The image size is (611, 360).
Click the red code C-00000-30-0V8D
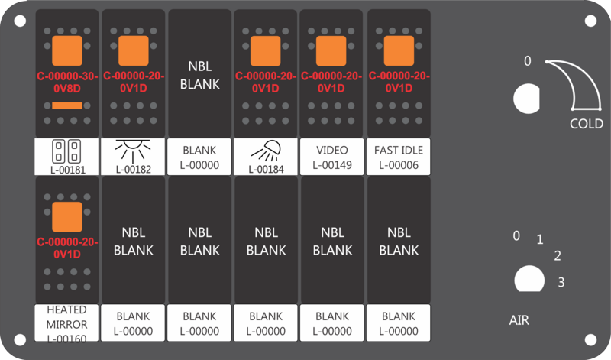point(67,83)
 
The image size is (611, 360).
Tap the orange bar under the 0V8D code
point(67,105)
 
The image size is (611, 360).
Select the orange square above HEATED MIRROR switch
point(67,217)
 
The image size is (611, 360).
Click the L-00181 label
point(67,170)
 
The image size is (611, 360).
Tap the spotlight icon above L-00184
point(266,151)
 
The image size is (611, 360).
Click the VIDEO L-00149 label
point(332,157)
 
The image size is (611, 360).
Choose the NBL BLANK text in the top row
point(200,75)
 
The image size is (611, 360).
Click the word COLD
point(587,124)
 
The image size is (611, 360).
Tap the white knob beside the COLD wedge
point(526,99)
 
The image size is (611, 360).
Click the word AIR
point(519,320)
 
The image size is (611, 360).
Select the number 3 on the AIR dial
point(561,282)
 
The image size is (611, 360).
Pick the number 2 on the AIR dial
point(558,256)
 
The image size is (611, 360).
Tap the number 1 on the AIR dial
point(540,239)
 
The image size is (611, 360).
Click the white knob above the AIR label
point(529,279)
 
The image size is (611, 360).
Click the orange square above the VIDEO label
point(331,50)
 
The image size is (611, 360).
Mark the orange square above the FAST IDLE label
point(399,50)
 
